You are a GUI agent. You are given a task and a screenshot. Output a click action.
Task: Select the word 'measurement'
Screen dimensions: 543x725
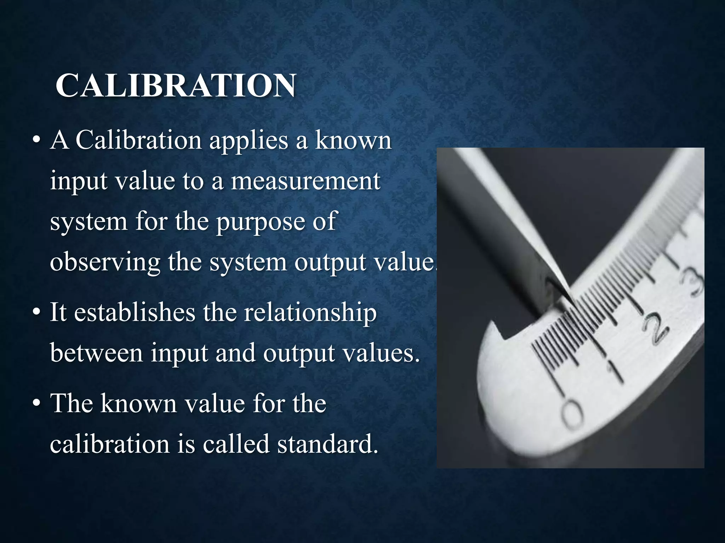point(306,181)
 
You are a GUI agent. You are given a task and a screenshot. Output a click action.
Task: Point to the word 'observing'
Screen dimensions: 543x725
point(105,263)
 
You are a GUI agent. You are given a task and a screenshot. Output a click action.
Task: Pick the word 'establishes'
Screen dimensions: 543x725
point(135,313)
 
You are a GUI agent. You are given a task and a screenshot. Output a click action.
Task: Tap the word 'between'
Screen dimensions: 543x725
point(96,353)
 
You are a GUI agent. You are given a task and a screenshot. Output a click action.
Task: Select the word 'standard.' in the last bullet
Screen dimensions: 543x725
point(328,444)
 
